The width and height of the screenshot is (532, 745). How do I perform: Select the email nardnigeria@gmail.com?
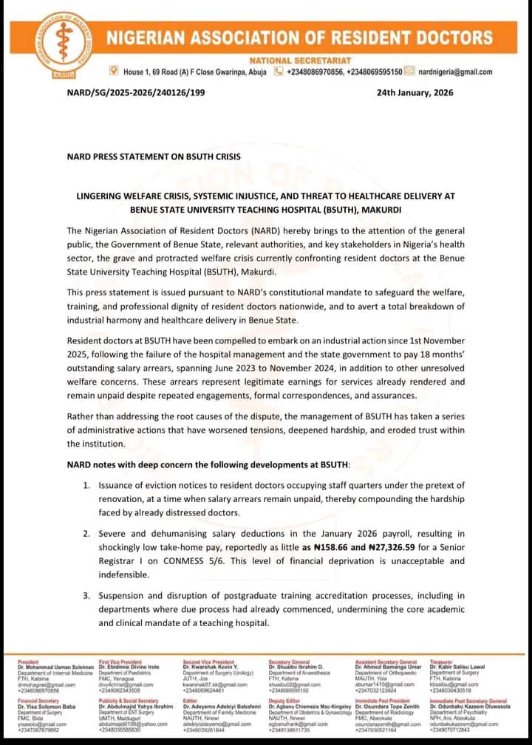(455, 72)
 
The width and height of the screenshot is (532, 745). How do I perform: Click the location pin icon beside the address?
(113, 71)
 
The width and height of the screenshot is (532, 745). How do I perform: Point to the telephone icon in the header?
(279, 72)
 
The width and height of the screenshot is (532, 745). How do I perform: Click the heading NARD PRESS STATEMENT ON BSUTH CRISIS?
(153, 157)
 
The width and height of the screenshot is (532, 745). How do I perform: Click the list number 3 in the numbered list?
(86, 595)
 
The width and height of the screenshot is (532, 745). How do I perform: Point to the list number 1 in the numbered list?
(86, 485)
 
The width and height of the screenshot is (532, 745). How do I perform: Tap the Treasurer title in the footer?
(443, 662)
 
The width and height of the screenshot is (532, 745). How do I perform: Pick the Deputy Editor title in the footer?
(285, 700)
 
